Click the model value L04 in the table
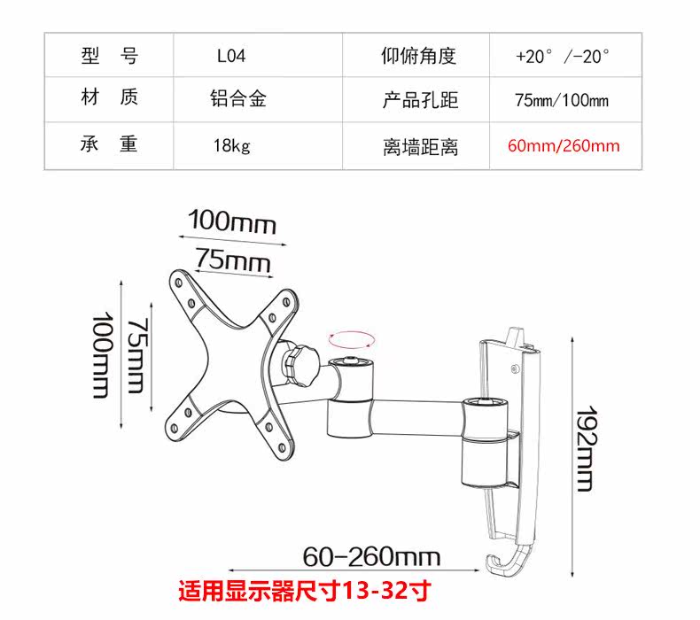coord(231,58)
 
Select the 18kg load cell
coord(231,145)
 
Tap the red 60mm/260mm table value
coord(564,145)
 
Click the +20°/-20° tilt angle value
coord(563,58)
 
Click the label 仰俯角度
coord(419,58)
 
